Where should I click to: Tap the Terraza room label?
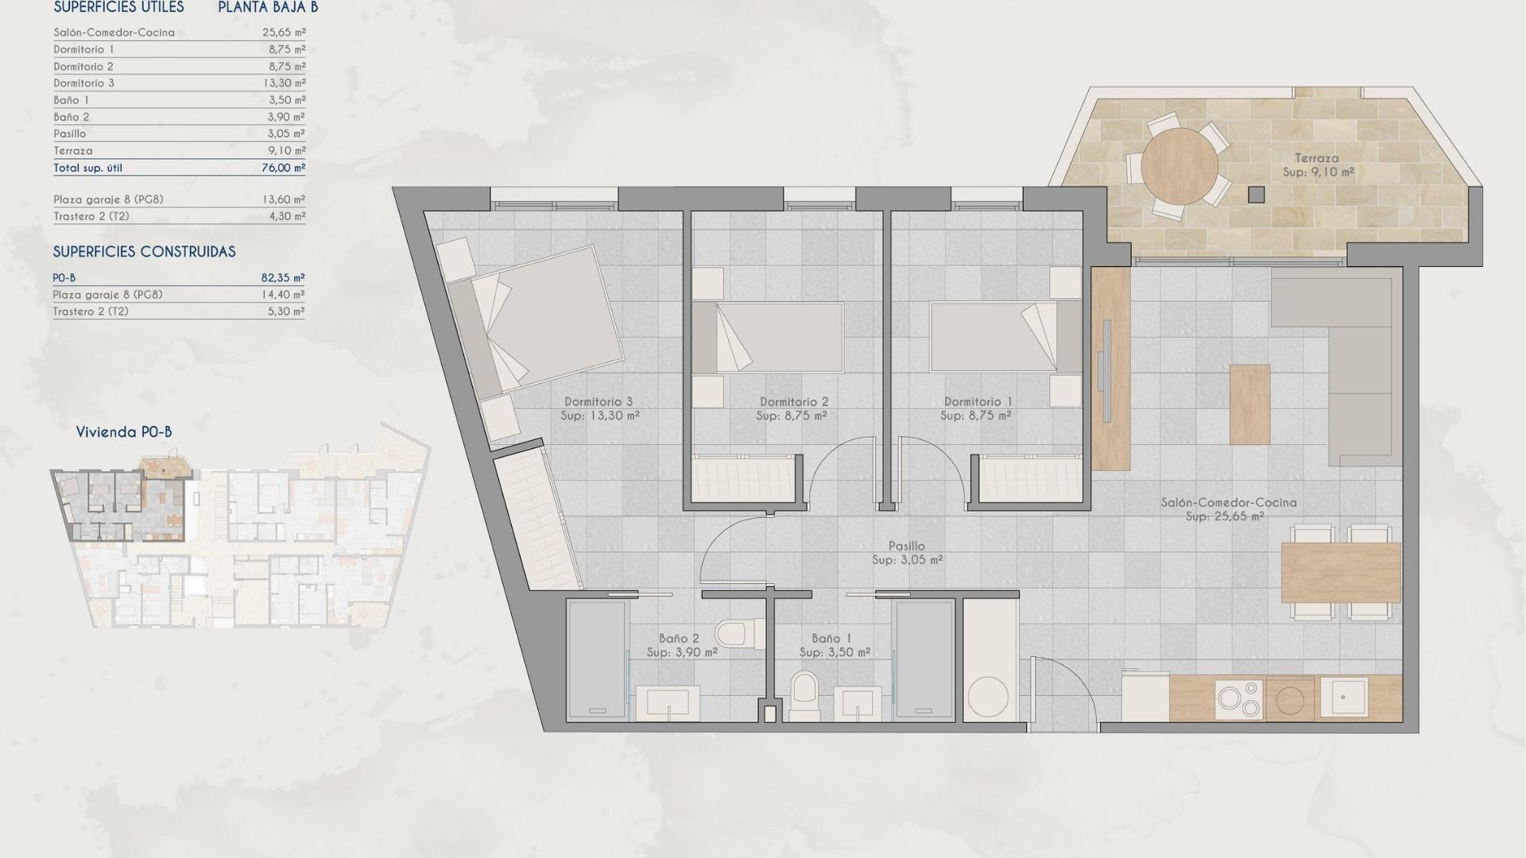tap(1316, 158)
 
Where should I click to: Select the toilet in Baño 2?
tap(731, 634)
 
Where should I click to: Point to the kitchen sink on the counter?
tap(1344, 697)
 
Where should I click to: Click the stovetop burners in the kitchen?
tap(1239, 699)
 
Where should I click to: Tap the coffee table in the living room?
tap(1249, 404)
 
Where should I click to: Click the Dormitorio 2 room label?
tap(793, 402)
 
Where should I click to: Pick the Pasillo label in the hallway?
tap(906, 546)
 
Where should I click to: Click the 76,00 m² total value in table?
tap(284, 168)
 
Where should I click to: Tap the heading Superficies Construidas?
tap(144, 252)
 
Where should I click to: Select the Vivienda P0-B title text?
tap(123, 432)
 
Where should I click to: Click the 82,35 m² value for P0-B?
tap(283, 278)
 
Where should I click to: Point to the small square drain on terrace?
tap(1256, 194)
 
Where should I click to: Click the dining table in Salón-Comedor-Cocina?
tap(1341, 572)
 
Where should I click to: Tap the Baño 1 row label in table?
tap(71, 100)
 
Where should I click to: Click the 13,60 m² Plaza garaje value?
tap(284, 199)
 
